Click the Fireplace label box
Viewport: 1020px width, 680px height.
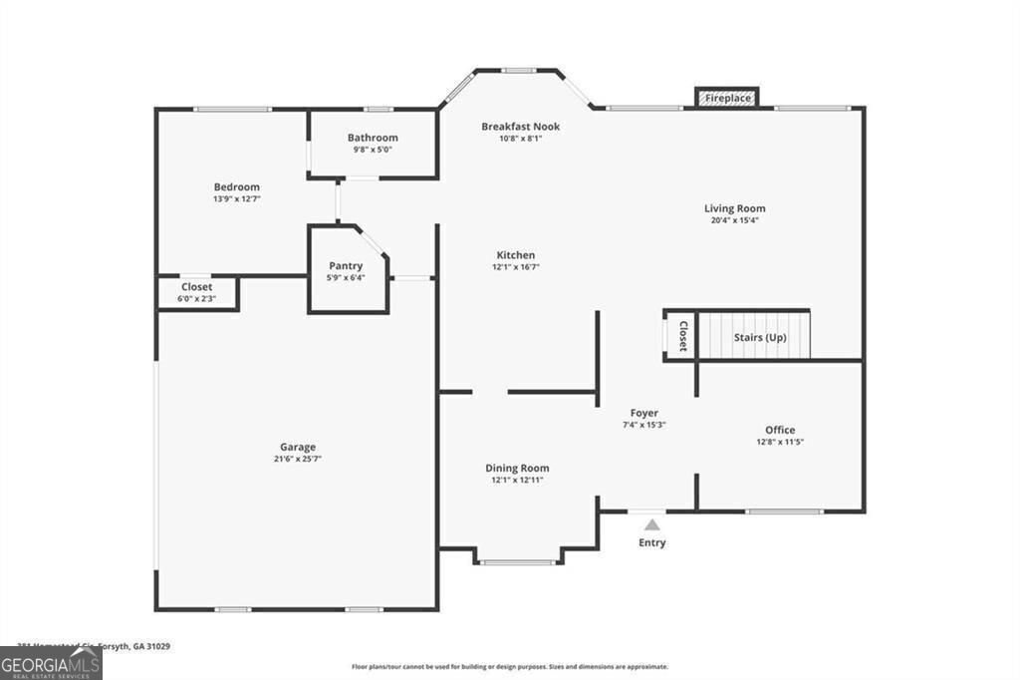click(x=727, y=98)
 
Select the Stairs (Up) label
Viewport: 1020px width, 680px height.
click(x=760, y=338)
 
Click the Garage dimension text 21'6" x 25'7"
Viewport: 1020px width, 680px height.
click(x=297, y=459)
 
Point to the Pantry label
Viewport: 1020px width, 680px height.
click(x=346, y=266)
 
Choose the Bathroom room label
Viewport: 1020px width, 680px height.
click(x=373, y=138)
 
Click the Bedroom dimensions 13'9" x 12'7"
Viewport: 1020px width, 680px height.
click(x=237, y=199)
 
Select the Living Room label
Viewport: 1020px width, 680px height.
click(x=734, y=208)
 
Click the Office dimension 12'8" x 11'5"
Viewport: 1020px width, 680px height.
click(x=780, y=442)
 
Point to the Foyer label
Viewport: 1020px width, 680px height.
click(x=644, y=413)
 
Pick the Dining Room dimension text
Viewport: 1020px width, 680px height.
click(x=517, y=480)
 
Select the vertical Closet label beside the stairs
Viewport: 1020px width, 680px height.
click(x=683, y=336)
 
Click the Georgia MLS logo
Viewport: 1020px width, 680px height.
click(x=51, y=663)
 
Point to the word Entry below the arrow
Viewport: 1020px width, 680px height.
click(x=651, y=542)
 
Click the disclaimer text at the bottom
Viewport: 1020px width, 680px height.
click(x=509, y=667)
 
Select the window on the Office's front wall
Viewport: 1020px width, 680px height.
click(x=784, y=511)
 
